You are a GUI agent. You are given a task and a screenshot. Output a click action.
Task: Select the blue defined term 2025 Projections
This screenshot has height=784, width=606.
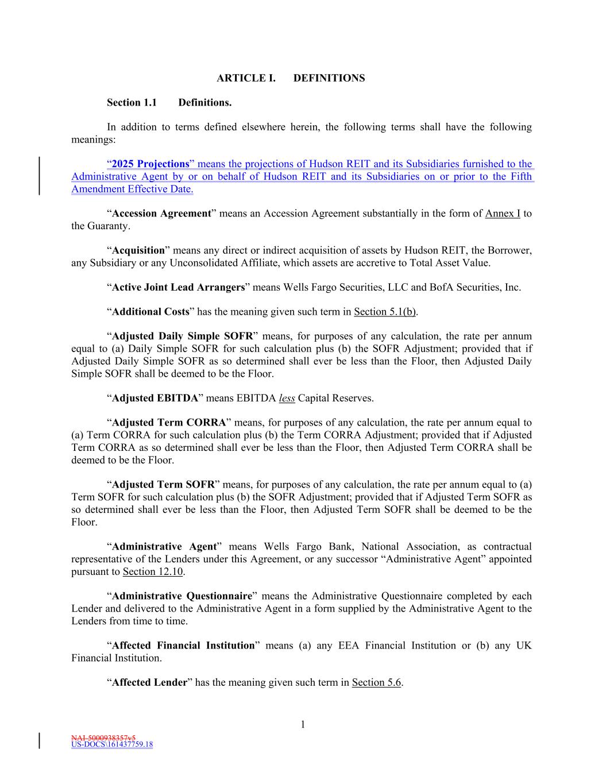coord(150,164)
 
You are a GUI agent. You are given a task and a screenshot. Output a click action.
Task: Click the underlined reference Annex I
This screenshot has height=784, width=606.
coord(503,214)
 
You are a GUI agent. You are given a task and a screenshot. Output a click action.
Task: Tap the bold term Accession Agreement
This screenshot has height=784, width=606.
coord(161,214)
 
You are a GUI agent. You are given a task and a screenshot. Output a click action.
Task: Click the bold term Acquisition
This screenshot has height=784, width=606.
coord(138,250)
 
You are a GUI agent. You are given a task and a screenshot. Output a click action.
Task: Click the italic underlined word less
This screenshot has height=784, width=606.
coord(287,398)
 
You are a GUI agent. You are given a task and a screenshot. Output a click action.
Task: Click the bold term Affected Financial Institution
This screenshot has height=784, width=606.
coord(183,646)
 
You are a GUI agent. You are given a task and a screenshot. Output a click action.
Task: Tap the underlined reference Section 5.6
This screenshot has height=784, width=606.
coord(376,683)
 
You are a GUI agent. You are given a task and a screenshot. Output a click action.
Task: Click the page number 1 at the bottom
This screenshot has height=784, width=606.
coord(303,725)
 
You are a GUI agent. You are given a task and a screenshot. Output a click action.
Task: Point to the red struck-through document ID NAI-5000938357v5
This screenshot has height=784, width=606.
coord(103,738)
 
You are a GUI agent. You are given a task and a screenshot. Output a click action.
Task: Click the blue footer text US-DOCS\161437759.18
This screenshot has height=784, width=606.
coord(112,745)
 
